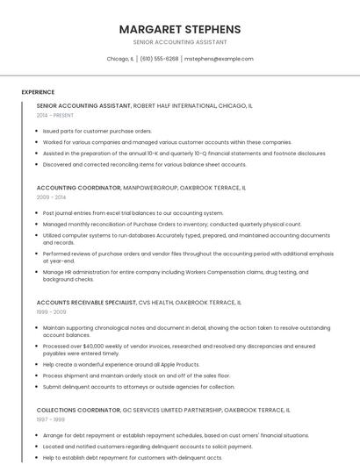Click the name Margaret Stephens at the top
pyautogui.click(x=180, y=29)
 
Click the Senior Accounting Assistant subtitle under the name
pyautogui.click(x=180, y=42)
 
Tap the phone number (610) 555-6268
pyautogui.click(x=159, y=59)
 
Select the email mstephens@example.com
pyautogui.click(x=219, y=59)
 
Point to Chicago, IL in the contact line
pyautogui.click(x=120, y=59)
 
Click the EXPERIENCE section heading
pyautogui.click(x=38, y=92)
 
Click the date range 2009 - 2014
pyautogui.click(x=51, y=197)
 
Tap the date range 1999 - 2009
pyautogui.click(x=51, y=311)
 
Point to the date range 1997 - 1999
pyautogui.click(x=51, y=419)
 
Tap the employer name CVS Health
pyautogui.click(x=155, y=302)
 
